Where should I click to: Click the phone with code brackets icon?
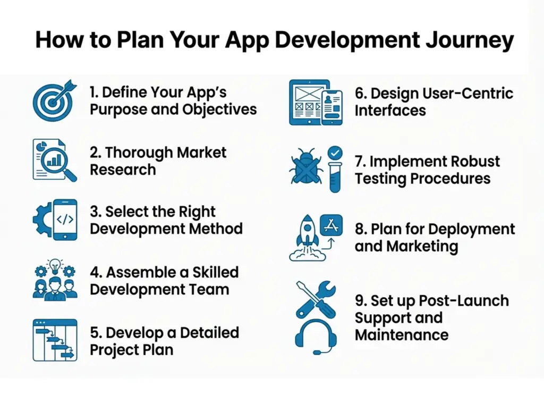point(64,219)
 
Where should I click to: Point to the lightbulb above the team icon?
point(55,265)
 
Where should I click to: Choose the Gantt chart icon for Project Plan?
point(55,340)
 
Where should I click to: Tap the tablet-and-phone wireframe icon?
point(316,102)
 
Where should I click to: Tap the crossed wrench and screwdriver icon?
point(316,299)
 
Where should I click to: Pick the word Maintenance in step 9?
point(401,335)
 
